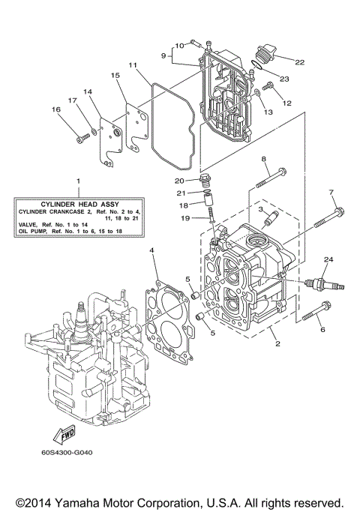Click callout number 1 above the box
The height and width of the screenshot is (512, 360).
tap(75, 181)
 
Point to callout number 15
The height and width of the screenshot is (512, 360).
tap(115, 76)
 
